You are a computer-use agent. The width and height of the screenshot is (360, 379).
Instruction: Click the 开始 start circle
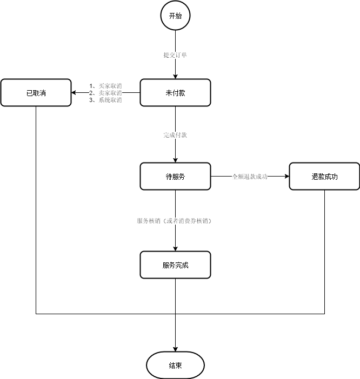click(x=175, y=16)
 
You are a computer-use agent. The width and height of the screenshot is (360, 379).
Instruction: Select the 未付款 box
click(x=175, y=92)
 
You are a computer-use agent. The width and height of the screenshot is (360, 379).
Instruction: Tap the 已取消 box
click(x=36, y=92)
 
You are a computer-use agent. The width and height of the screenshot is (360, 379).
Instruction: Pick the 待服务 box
click(x=175, y=177)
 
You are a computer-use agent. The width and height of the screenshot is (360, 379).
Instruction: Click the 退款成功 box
click(x=324, y=177)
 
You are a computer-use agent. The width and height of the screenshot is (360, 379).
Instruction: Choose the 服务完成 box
click(x=175, y=265)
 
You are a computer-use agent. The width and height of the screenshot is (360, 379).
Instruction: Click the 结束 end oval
click(x=175, y=366)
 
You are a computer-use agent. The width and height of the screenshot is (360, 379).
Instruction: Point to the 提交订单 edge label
click(x=175, y=55)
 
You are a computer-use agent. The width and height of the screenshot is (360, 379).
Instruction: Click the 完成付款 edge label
click(x=175, y=135)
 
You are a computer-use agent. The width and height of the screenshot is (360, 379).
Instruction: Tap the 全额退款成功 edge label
click(x=250, y=177)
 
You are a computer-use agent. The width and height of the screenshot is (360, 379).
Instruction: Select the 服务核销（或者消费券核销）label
click(x=174, y=221)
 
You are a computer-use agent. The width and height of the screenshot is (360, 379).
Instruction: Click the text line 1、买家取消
click(x=105, y=85)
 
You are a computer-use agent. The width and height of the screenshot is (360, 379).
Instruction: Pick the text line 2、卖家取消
click(x=105, y=92)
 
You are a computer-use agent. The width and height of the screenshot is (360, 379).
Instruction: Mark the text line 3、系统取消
click(x=105, y=100)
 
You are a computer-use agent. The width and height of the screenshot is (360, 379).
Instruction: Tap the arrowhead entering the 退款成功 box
click(x=286, y=177)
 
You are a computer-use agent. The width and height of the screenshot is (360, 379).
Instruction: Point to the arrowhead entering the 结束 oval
click(x=175, y=348)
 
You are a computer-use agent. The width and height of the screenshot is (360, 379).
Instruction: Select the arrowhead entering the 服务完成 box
click(x=175, y=248)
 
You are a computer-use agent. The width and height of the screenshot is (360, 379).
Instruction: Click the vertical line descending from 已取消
click(x=36, y=205)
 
